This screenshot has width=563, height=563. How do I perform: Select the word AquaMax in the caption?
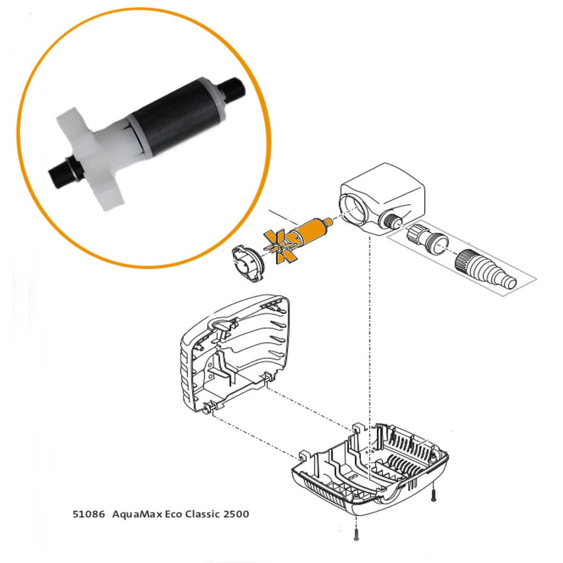point(135,514)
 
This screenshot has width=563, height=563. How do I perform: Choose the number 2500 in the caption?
point(236,514)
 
